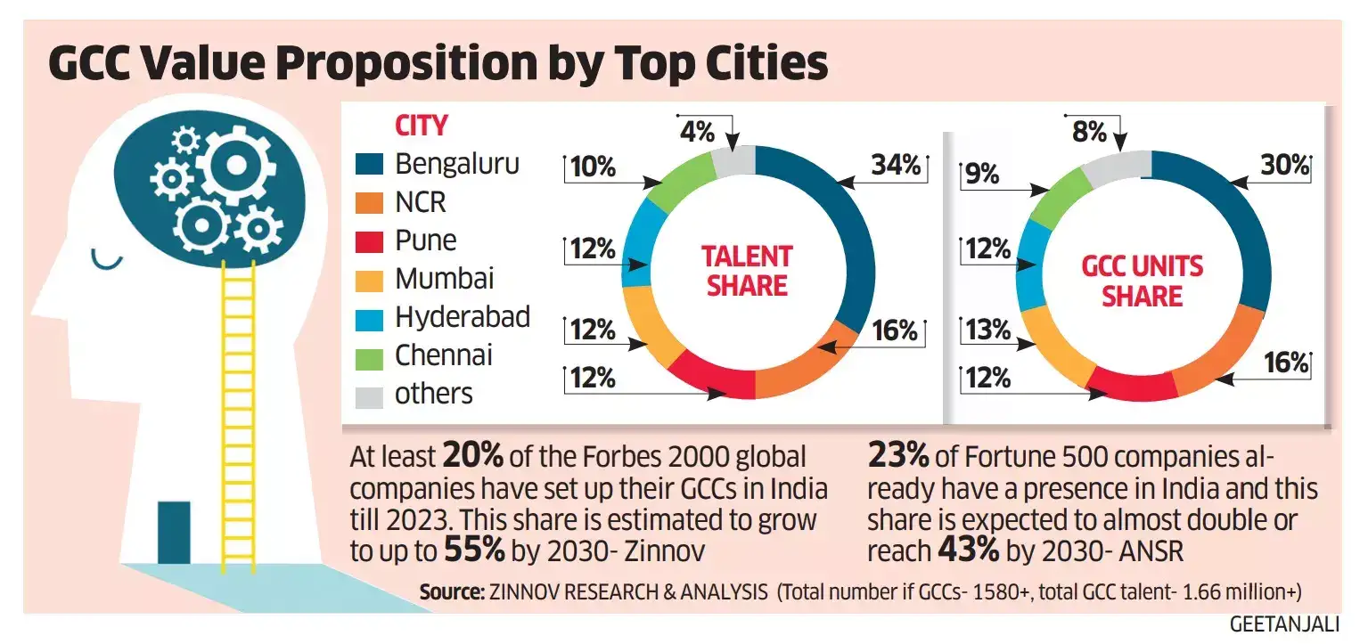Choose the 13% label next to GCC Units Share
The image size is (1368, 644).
(x=987, y=330)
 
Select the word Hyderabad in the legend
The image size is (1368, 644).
(x=463, y=317)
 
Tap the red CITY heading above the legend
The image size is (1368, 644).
(x=421, y=126)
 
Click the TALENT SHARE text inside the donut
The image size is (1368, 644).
(x=746, y=271)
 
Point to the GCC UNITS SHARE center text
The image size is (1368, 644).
(x=1142, y=281)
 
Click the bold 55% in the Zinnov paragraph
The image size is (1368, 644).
(x=474, y=550)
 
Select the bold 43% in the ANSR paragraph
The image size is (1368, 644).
(x=969, y=550)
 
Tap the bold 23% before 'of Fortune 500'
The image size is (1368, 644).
(x=897, y=457)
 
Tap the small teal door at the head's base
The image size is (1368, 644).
(x=174, y=532)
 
